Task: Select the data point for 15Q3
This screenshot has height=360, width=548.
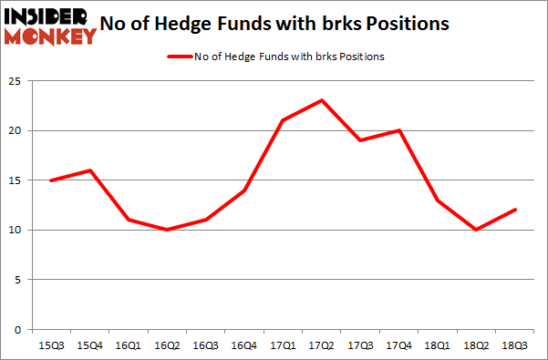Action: click(x=51, y=180)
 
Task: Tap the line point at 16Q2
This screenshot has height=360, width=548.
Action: click(x=167, y=230)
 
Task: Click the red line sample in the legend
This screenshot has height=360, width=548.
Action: click(x=179, y=57)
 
